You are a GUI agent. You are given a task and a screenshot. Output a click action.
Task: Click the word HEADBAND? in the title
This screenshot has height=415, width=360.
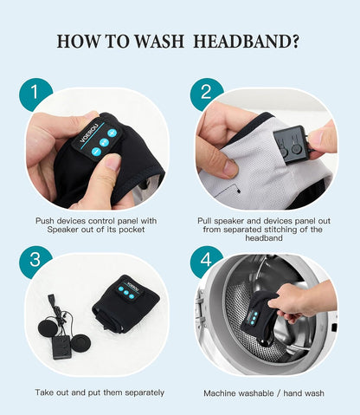[247, 42]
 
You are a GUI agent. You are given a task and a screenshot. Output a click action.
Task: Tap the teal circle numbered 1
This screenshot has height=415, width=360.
[35, 93]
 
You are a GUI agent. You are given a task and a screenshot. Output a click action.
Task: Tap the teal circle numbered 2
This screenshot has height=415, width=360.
[206, 93]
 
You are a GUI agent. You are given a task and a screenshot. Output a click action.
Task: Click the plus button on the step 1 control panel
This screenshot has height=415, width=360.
[112, 133]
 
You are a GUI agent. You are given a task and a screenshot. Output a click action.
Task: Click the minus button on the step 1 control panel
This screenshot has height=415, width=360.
[96, 152]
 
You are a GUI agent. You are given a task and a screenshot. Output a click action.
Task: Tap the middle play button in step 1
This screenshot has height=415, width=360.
[104, 142]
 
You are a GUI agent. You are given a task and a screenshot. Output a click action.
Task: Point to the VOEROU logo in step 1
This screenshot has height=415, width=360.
[88, 133]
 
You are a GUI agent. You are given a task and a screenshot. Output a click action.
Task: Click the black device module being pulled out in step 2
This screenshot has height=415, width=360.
[292, 145]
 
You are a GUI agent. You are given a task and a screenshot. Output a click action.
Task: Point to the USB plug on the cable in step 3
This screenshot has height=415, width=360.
[50, 298]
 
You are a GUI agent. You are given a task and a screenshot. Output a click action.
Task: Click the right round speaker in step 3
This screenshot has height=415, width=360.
[80, 343]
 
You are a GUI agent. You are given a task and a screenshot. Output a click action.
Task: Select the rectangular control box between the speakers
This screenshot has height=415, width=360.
[61, 347]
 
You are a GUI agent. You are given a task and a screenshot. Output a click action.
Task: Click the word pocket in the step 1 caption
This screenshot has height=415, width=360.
[132, 230]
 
